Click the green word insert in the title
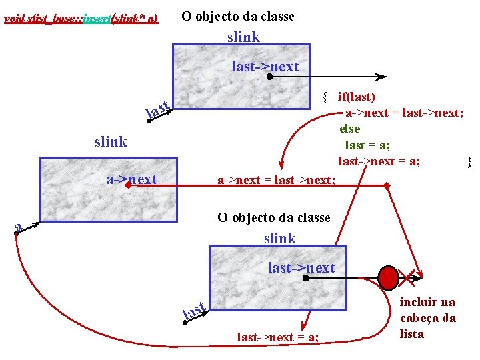[x=95, y=18]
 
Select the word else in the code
[x=349, y=129]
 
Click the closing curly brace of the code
[x=469, y=161]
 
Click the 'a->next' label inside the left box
[x=132, y=179]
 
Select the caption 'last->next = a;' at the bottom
[x=278, y=337]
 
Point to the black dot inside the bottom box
[x=305, y=277]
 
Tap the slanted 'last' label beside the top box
[x=159, y=108]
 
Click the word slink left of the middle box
[x=111, y=141]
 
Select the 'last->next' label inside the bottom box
[x=301, y=267]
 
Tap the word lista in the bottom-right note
[x=411, y=333]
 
